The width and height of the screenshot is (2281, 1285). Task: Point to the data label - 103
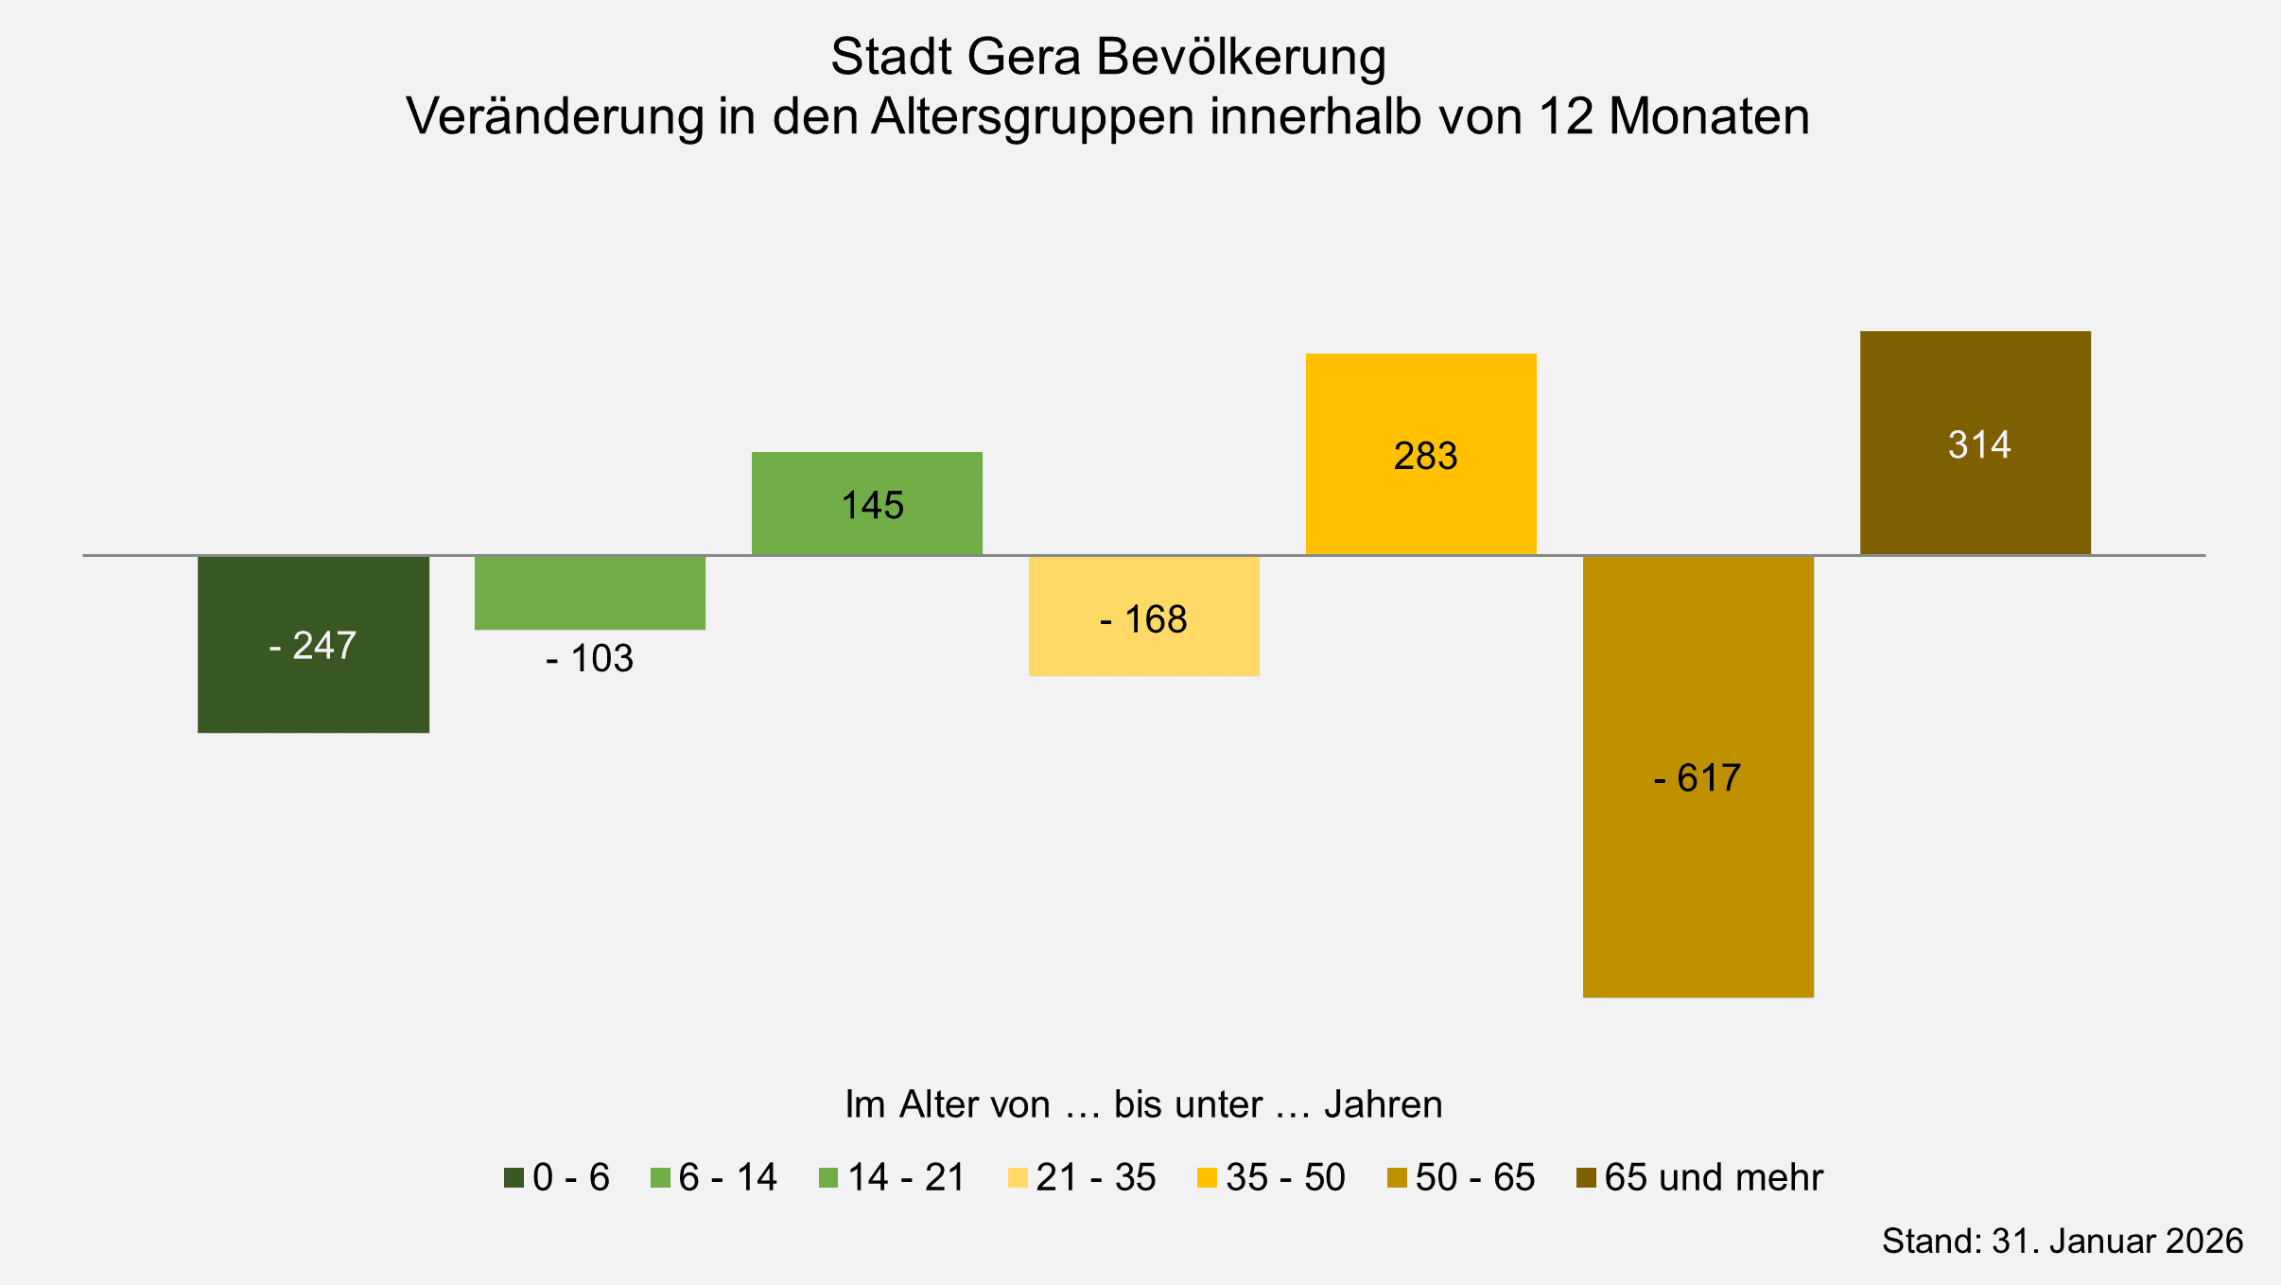pyautogui.click(x=589, y=659)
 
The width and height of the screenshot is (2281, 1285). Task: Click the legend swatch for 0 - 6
pyautogui.click(x=514, y=1178)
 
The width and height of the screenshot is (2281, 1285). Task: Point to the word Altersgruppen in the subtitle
pyautogui.click(x=1033, y=117)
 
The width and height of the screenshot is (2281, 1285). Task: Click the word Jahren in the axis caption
pyautogui.click(x=1383, y=1104)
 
